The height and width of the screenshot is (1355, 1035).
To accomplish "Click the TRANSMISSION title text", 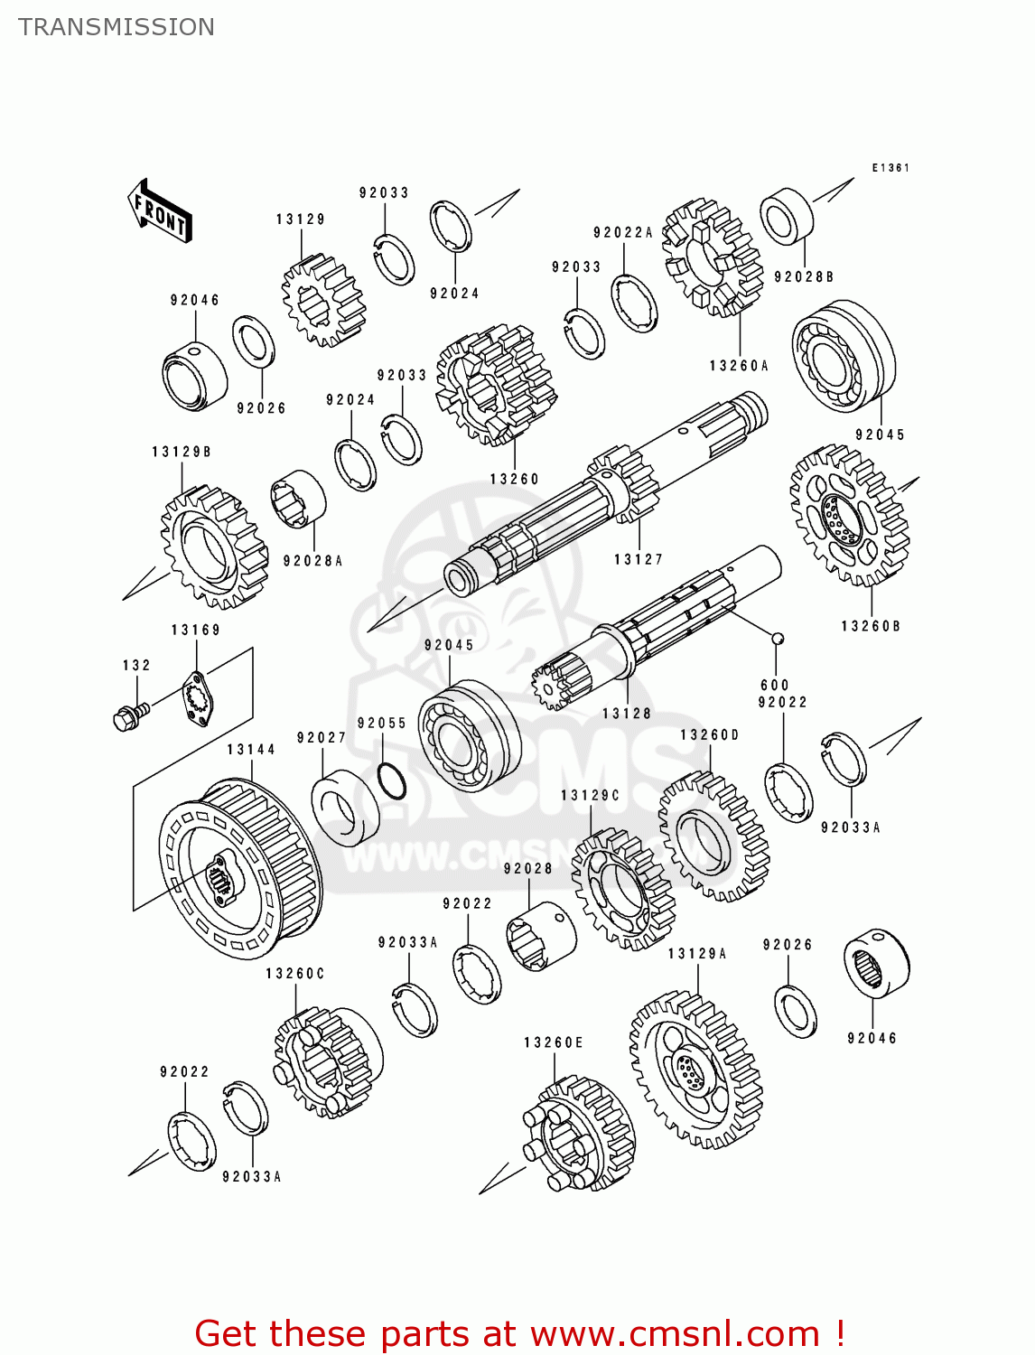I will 117,27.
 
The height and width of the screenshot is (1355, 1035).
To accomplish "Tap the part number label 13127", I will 639,559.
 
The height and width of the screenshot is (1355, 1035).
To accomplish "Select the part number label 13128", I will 627,713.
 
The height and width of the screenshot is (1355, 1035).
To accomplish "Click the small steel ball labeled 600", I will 776,639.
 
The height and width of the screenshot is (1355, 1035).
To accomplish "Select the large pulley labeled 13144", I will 239,867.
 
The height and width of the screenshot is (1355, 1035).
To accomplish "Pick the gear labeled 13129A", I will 695,1070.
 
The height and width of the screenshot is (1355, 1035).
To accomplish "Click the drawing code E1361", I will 890,168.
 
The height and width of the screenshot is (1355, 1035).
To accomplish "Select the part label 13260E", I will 554,1042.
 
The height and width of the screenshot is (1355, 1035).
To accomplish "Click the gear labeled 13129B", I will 214,547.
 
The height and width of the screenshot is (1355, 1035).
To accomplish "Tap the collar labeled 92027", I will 345,807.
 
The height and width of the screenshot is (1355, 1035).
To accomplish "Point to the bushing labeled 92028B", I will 787,217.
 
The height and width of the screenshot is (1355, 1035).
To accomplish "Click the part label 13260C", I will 294,974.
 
